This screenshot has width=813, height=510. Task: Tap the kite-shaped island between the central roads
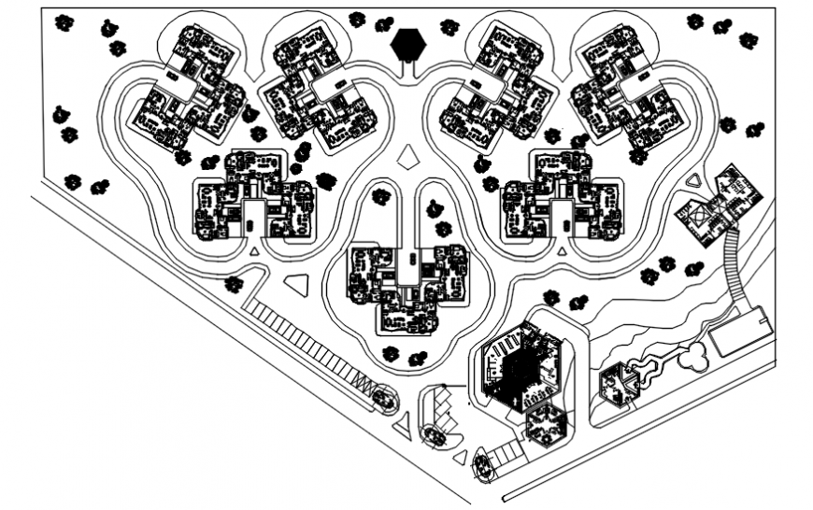tap(408, 158)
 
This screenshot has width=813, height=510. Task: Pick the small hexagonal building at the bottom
tap(545, 424)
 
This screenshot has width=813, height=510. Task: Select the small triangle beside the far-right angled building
tap(695, 179)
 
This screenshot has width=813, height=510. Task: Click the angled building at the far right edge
tap(718, 202)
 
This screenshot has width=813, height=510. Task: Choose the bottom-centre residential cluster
tap(407, 286)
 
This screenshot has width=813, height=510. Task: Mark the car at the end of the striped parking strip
tap(384, 398)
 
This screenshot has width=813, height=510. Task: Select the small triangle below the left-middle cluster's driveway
tap(255, 251)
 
